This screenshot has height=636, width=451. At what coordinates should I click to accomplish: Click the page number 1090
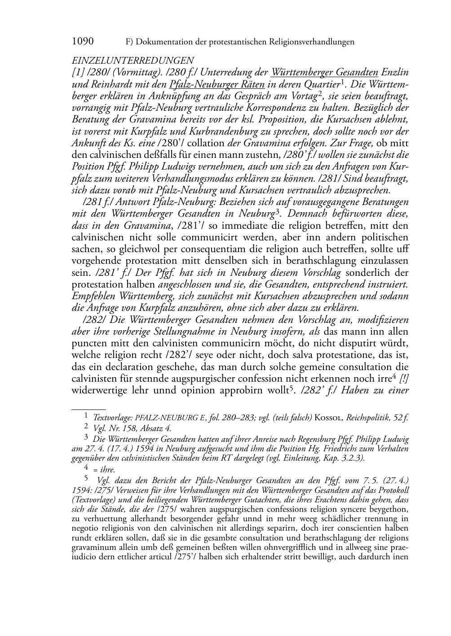coord(83,42)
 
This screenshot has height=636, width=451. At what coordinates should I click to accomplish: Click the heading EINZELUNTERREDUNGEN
coord(133,61)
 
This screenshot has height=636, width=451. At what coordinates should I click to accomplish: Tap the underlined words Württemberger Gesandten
coord(324,72)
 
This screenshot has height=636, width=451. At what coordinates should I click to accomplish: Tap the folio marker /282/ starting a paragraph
coord(92,320)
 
